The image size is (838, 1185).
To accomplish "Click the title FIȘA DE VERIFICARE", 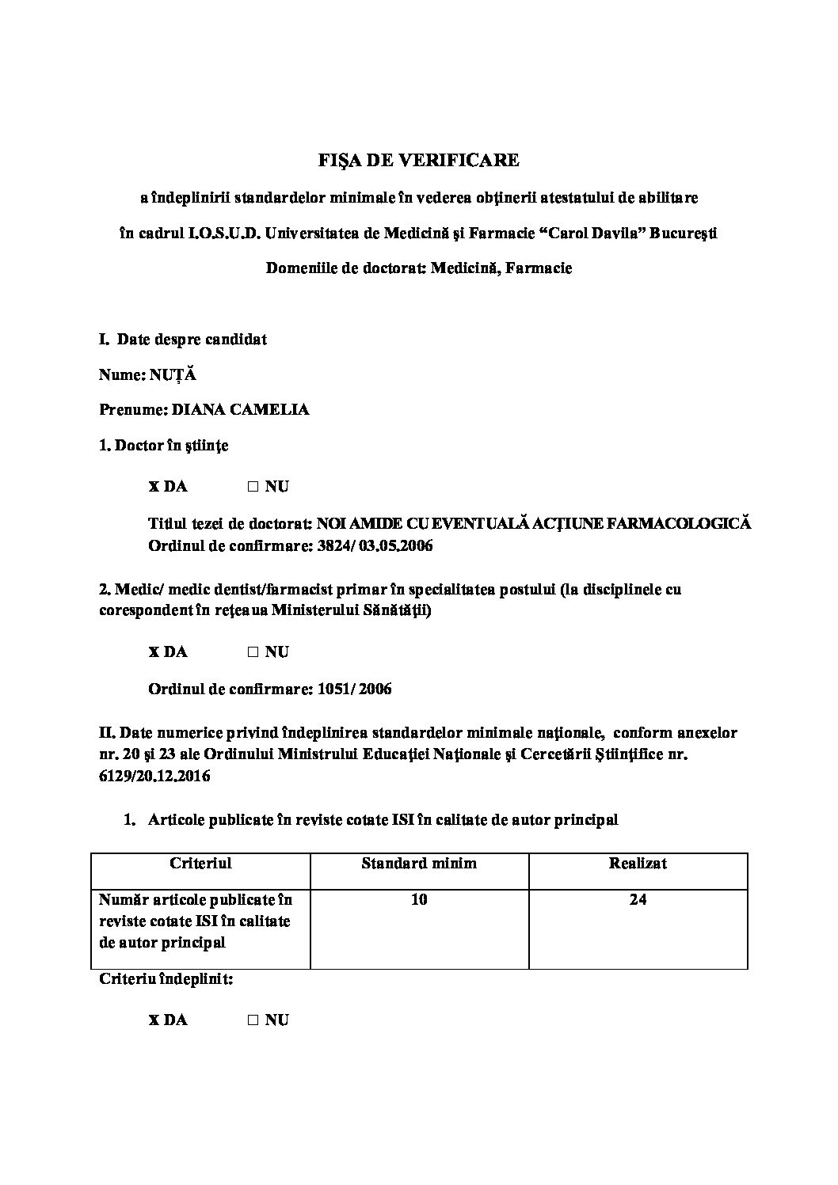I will pyautogui.click(x=418, y=160).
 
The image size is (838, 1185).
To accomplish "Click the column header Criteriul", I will pyautogui.click(x=200, y=863).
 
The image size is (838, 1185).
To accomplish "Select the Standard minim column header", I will pyautogui.click(x=419, y=863).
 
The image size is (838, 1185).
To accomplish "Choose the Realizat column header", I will pyautogui.click(x=638, y=863).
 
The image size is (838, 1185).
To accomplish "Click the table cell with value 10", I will pyautogui.click(x=419, y=899).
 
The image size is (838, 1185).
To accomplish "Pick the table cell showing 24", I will pyautogui.click(x=638, y=899).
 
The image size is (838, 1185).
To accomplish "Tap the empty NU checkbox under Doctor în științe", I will pyautogui.click(x=253, y=487).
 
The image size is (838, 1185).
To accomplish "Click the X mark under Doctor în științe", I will pyautogui.click(x=154, y=487).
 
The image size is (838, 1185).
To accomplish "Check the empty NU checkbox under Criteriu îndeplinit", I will pyautogui.click(x=253, y=1020).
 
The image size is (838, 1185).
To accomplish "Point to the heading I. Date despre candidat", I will pyautogui.click(x=183, y=340).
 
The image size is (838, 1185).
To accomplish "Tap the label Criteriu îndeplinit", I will pyautogui.click(x=166, y=979).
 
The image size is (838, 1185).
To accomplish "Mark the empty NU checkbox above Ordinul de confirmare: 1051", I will pyautogui.click(x=253, y=652).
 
